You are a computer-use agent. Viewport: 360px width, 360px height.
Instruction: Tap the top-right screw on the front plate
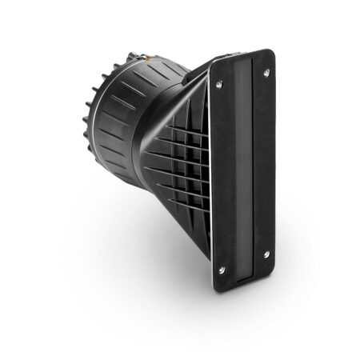(x=266, y=73)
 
